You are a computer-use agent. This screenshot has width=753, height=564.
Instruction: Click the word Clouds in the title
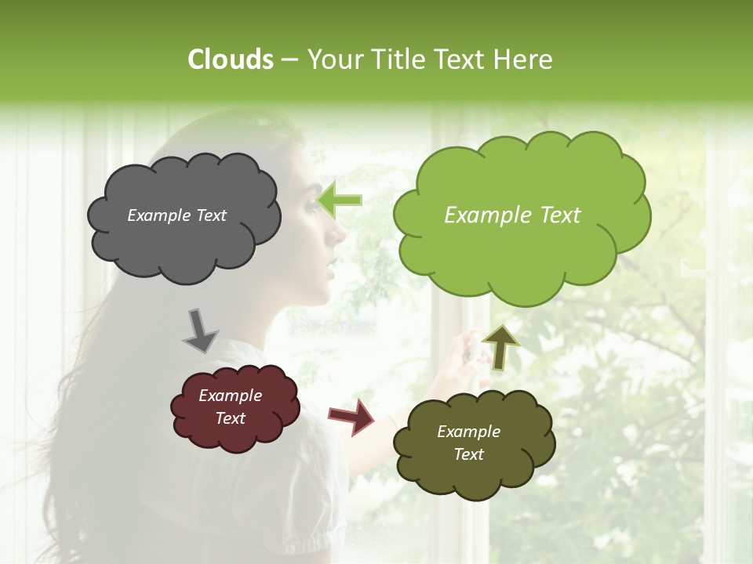tap(230, 60)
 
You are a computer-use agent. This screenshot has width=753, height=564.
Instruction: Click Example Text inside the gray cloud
tap(176, 215)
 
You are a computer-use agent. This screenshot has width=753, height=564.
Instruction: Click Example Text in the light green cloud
tap(512, 215)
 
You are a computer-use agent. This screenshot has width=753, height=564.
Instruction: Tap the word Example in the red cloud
tap(230, 396)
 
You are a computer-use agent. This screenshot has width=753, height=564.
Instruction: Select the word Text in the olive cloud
tap(468, 454)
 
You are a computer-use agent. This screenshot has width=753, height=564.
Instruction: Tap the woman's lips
tap(330, 270)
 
